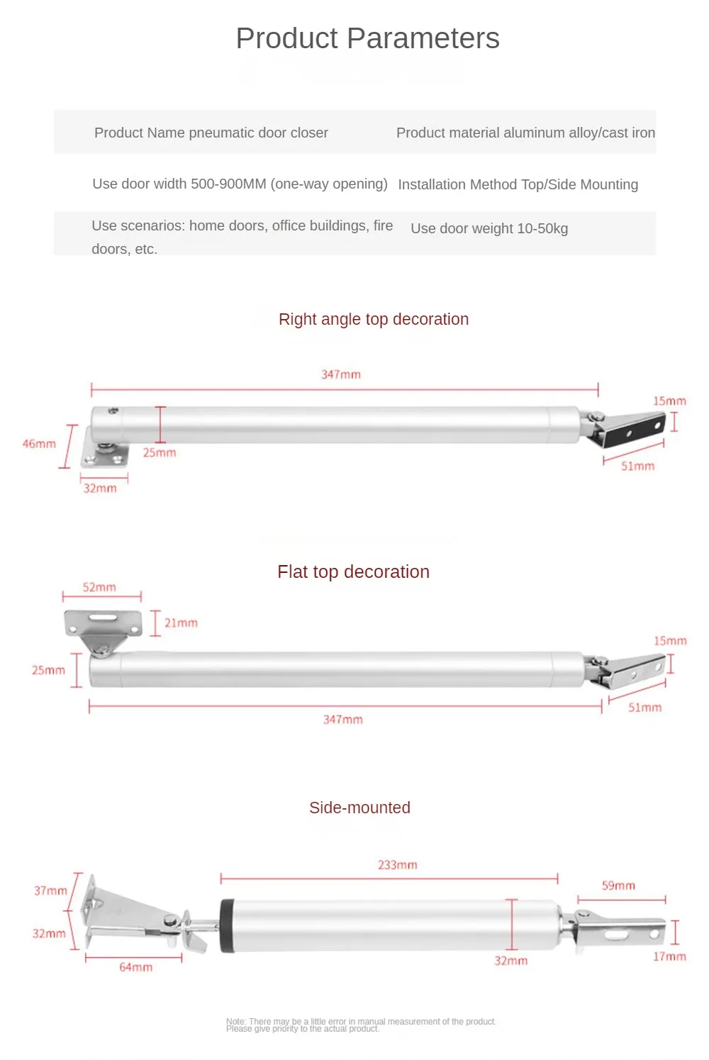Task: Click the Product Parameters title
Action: (367, 38)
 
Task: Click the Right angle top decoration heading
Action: (374, 319)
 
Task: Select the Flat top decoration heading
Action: (353, 571)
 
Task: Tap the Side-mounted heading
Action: (359, 808)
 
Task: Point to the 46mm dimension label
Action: (39, 444)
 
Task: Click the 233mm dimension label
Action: (397, 865)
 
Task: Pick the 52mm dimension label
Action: (99, 587)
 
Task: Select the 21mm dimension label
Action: (181, 623)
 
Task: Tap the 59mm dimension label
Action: (618, 886)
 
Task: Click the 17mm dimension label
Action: (669, 956)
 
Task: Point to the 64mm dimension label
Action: (135, 967)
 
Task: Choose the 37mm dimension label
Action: (50, 891)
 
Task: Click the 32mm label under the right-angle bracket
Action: (100, 488)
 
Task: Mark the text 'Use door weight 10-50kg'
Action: (489, 228)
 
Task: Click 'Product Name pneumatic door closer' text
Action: (211, 133)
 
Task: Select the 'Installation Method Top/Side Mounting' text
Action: (518, 184)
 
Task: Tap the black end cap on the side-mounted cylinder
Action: (227, 926)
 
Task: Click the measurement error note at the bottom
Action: (361, 1025)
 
